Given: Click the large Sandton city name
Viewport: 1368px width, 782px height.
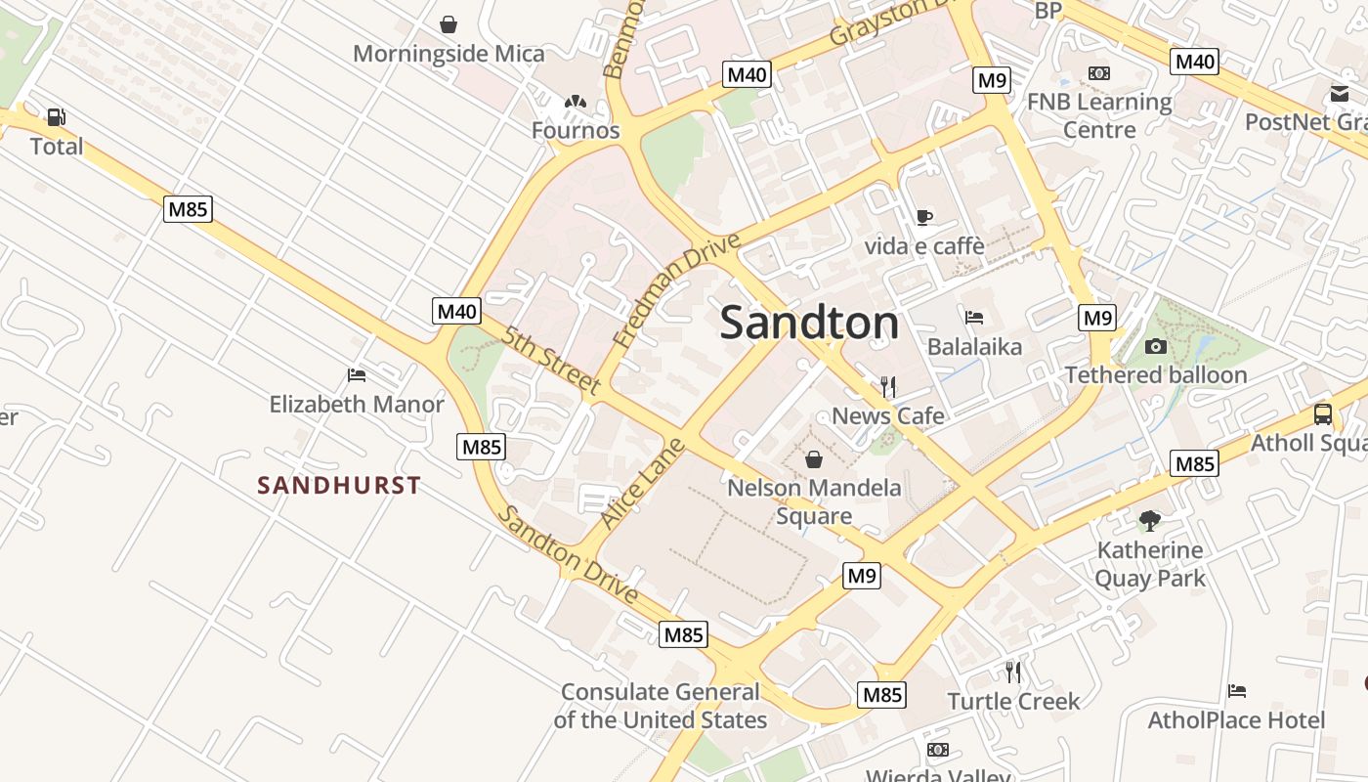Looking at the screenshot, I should tap(809, 324).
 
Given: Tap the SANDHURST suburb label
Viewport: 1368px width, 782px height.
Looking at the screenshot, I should tap(339, 485).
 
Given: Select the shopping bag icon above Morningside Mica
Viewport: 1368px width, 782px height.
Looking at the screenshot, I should tap(449, 24).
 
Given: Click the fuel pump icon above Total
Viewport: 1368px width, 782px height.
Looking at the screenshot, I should tap(57, 118).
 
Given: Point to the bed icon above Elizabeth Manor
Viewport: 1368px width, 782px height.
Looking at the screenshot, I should tap(357, 375).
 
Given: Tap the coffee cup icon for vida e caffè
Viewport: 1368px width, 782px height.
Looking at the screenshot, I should tap(924, 217).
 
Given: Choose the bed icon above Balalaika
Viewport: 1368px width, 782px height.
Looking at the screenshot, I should tap(974, 318).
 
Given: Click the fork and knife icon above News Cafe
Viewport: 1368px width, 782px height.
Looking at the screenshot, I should tap(888, 387).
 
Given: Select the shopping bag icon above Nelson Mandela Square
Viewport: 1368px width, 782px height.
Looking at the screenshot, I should tap(813, 459).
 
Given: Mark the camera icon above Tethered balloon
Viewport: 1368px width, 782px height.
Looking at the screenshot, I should tap(1156, 346).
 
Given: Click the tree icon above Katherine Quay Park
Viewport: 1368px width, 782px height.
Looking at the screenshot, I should tap(1150, 521).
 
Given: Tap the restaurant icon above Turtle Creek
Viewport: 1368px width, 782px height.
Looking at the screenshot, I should tap(1013, 673).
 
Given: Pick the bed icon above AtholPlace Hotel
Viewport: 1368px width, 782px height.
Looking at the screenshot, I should tap(1237, 692).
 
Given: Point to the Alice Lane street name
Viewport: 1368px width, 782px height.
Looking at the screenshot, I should tap(641, 485).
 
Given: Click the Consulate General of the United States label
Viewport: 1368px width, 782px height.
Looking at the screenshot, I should tap(661, 706).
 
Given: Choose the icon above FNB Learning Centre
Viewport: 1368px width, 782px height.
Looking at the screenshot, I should tap(1099, 73).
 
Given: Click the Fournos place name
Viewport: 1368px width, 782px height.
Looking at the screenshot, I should tap(576, 130).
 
